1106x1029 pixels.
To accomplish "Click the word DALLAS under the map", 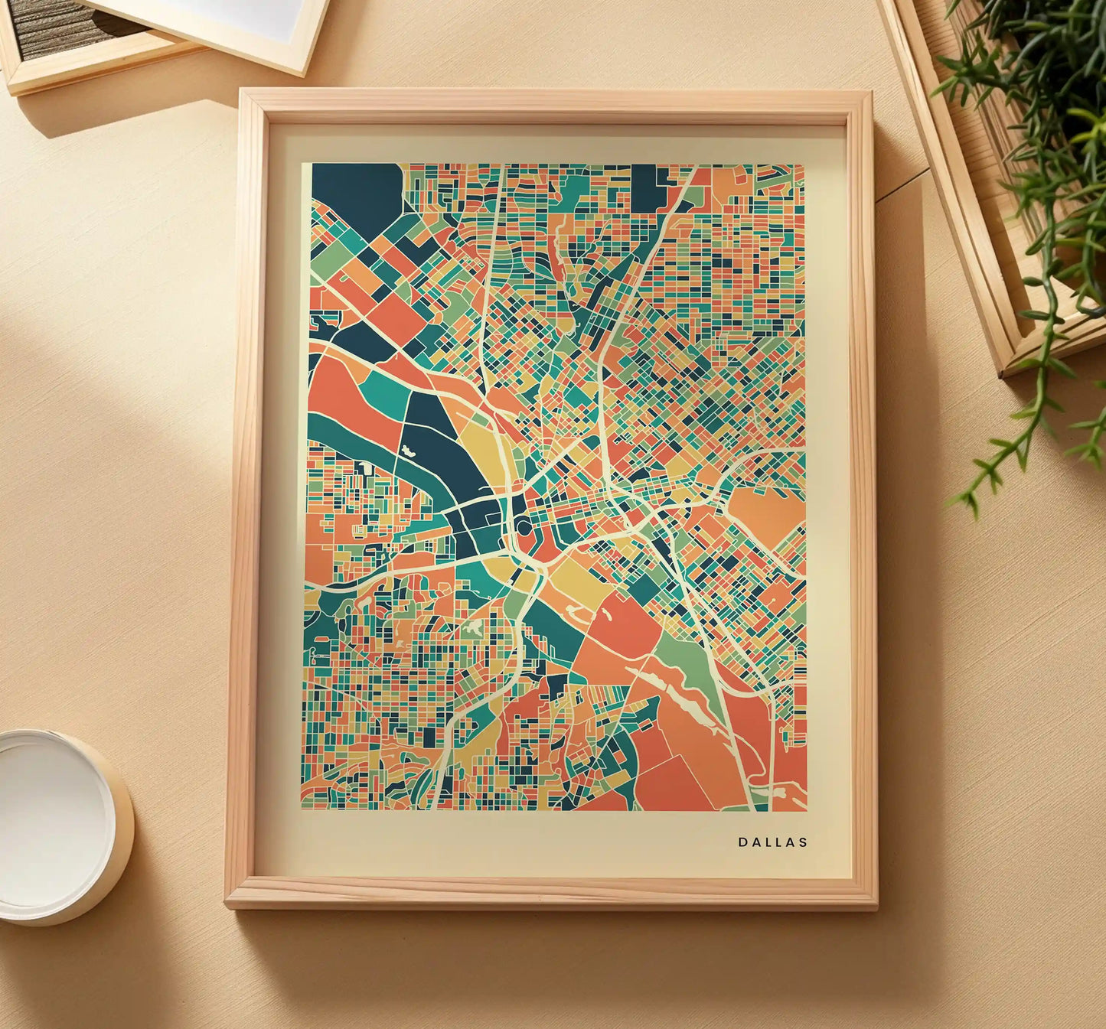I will click(x=772, y=842).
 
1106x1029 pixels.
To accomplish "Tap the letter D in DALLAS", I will click(x=742, y=842).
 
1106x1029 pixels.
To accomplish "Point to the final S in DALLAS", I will click(x=803, y=842).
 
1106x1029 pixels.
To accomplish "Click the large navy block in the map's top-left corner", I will click(x=356, y=196).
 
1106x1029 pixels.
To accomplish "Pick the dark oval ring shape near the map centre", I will click(x=524, y=526).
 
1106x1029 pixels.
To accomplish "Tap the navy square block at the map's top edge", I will click(x=647, y=187).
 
